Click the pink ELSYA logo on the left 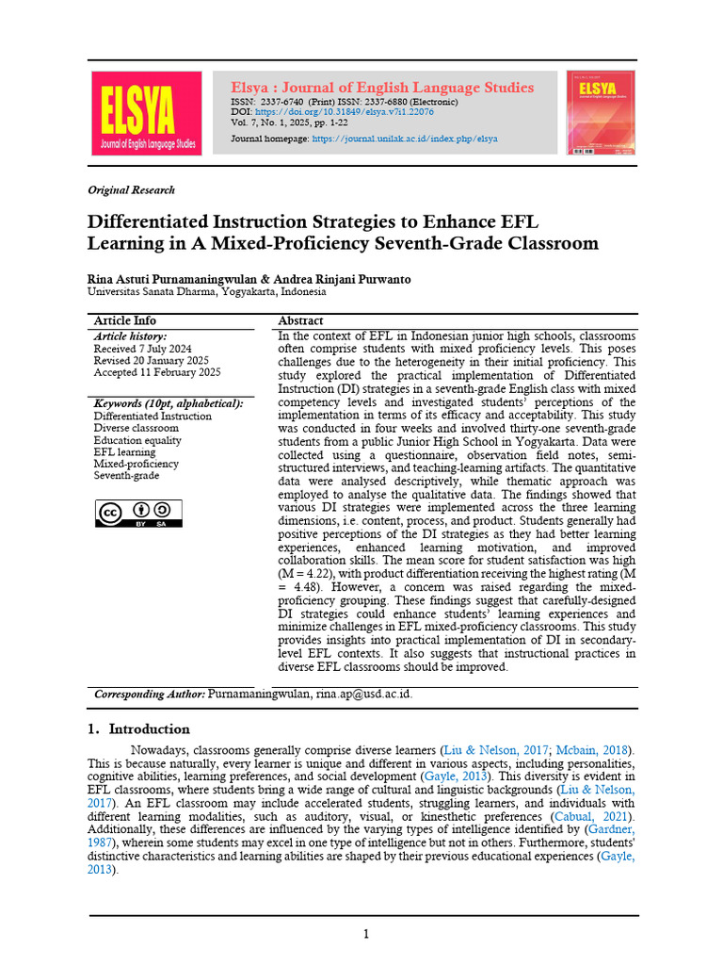click(145, 114)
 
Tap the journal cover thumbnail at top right click(600, 112)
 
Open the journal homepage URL click(405, 139)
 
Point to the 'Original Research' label click(131, 189)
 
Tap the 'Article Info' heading click(125, 321)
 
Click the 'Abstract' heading click(300, 321)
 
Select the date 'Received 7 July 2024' click(142, 349)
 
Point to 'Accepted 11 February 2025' click(157, 373)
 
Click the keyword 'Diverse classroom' click(136, 428)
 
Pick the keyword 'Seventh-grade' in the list click(126, 476)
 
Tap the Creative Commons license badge click(138, 513)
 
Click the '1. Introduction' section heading click(138, 728)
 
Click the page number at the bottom click(366, 934)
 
